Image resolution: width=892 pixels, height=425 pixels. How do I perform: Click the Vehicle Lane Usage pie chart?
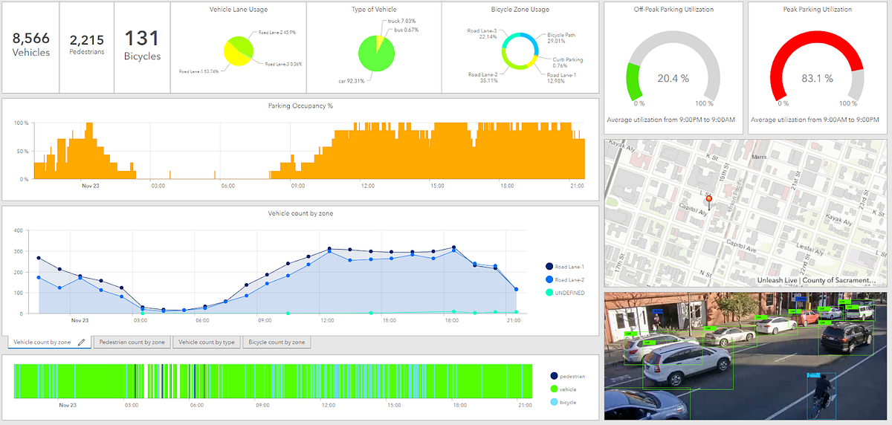click(x=239, y=52)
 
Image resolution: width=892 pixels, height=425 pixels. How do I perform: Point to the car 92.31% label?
click(x=351, y=80)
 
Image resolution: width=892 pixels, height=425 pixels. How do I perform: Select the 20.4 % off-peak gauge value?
click(x=673, y=78)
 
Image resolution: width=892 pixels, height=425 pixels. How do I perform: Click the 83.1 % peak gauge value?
click(x=817, y=78)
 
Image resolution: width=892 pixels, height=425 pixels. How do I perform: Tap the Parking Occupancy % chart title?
click(x=300, y=106)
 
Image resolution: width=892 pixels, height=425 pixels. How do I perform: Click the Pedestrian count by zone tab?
click(x=132, y=342)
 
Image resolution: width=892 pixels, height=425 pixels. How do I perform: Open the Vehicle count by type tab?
click(x=207, y=342)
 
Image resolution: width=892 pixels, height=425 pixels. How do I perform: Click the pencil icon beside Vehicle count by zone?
click(x=82, y=342)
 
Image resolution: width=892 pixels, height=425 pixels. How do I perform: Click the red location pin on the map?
click(x=708, y=199)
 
